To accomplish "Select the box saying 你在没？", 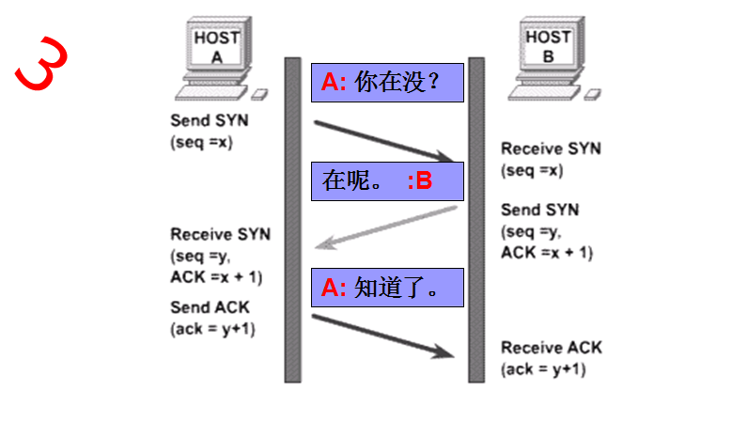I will coord(387,82).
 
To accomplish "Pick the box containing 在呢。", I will coord(387,181).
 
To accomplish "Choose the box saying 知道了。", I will coord(387,287).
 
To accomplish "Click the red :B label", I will coord(419,182).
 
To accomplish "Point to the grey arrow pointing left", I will coord(385,226).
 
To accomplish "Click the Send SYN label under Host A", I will coord(210,121).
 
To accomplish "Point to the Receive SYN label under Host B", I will coord(551,148).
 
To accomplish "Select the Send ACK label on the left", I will coord(210,307).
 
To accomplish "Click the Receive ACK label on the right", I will coord(552,348).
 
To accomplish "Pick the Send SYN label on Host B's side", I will coord(540,210).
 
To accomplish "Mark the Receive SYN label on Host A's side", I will coord(220,234).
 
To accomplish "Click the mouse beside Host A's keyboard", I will coord(260,95).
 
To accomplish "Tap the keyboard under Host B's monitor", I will coord(540,93).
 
